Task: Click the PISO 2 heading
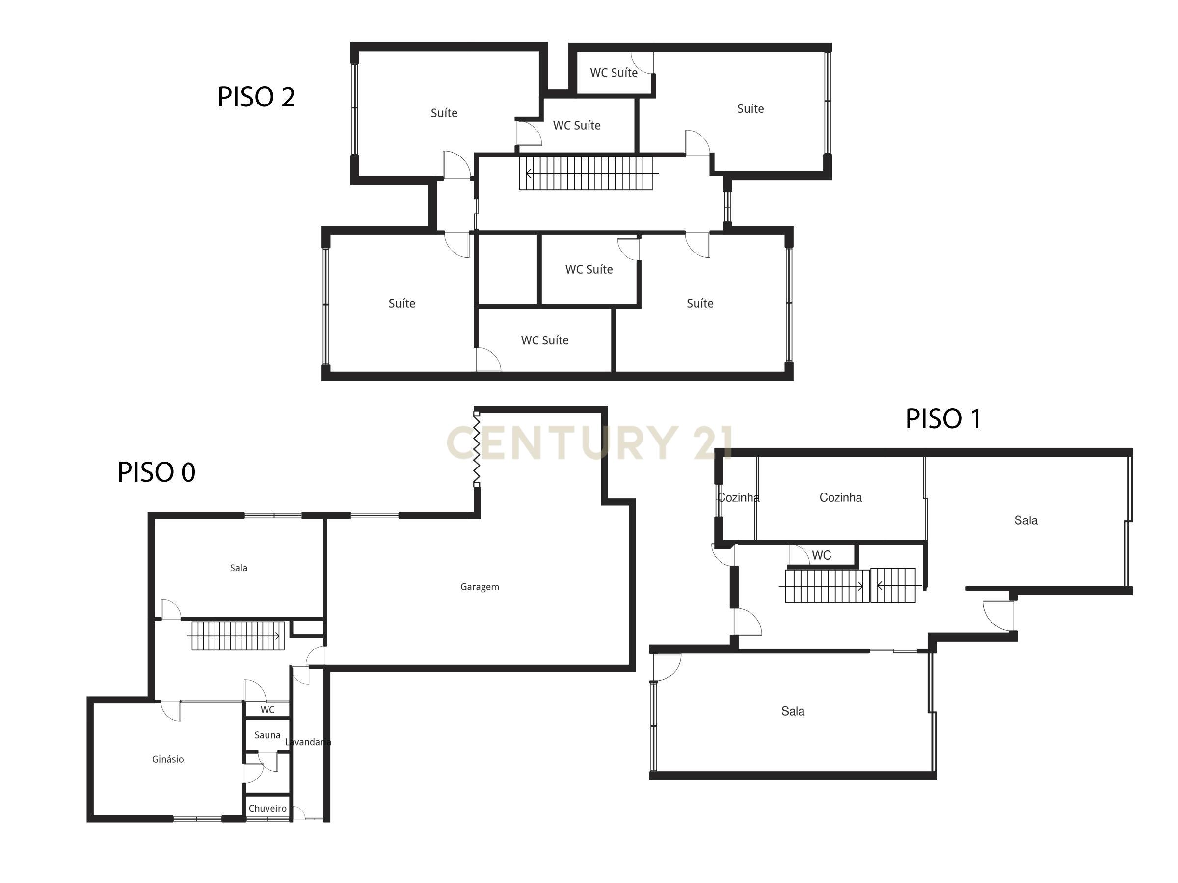point(256,97)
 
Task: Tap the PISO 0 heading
point(156,472)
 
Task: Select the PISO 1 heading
point(942,418)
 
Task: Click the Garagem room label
point(479,587)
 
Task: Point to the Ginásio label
point(168,759)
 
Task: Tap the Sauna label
point(268,735)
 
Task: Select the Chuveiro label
point(268,808)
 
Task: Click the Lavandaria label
point(308,742)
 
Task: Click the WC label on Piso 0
point(268,709)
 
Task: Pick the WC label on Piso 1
point(821,555)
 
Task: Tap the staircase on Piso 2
point(586,173)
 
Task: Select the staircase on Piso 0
point(238,635)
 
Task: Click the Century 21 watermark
point(589,443)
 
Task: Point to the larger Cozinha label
point(840,497)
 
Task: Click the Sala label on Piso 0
point(239,568)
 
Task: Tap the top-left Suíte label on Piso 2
point(444,113)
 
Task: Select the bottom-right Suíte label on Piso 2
point(700,303)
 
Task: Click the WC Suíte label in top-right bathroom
point(614,73)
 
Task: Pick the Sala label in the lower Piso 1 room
point(792,711)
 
